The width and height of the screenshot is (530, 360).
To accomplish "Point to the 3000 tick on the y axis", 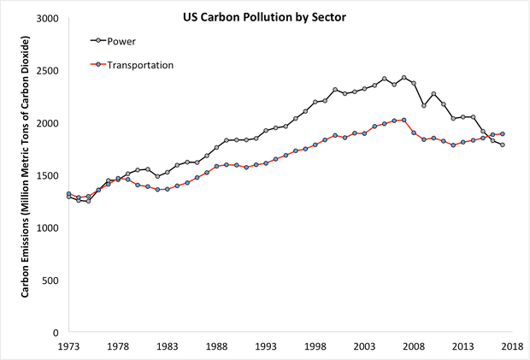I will pos(48,19).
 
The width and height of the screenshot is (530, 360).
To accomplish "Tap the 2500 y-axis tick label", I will pos(48,71).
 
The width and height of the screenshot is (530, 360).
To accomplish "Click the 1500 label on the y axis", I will pos(48,176).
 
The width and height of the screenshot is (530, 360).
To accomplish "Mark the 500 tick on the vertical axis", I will pos(51,280).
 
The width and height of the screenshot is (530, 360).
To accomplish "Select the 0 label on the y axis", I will pos(56,333).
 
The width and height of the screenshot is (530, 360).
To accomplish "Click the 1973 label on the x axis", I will pos(68,348).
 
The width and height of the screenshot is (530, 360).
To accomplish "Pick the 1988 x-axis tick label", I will pos(217,348).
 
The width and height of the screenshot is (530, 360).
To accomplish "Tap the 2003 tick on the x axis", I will pos(365,348).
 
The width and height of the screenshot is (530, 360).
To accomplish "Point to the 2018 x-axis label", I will pos(512,348).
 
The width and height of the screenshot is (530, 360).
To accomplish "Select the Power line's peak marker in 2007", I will pos(404,78).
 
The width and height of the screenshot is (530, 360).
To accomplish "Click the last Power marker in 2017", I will pos(503,145).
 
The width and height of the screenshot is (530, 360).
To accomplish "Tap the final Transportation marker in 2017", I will pos(503,133).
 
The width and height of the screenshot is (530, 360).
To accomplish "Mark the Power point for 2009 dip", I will pos(424,106).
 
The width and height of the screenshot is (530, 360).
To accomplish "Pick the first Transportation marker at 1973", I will pos(68,194).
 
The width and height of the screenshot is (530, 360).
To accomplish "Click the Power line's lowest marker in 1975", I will pos(88,201).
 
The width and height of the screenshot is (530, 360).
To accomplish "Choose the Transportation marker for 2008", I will pos(414,133).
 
